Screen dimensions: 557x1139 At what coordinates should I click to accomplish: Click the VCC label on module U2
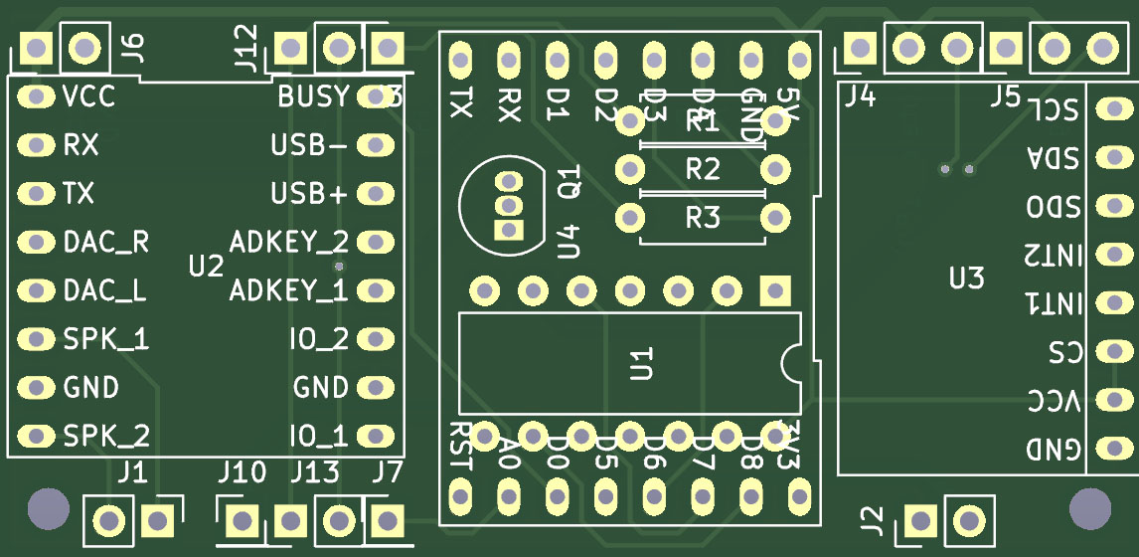point(88,97)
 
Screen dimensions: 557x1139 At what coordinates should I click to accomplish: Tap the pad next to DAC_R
point(36,242)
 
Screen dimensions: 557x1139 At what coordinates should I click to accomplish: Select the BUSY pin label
point(313,97)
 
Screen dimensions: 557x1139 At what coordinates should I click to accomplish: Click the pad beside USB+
point(374,194)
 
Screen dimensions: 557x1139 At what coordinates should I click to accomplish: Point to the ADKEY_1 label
point(289,291)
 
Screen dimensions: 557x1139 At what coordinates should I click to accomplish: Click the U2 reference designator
point(207,266)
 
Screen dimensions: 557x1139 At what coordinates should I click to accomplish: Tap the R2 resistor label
point(703,170)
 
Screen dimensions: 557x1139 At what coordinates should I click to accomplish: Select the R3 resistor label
point(703,217)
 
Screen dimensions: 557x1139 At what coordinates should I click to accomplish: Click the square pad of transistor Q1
point(510,230)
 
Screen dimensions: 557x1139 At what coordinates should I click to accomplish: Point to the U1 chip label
point(641,363)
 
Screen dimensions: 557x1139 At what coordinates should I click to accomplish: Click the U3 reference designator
point(966,278)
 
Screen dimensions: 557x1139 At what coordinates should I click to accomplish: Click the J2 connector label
point(871,519)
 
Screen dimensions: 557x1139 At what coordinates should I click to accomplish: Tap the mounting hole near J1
point(47,509)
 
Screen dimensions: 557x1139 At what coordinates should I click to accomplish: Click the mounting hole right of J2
point(1090,509)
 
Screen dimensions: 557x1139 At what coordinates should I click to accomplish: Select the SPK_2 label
point(105,436)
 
